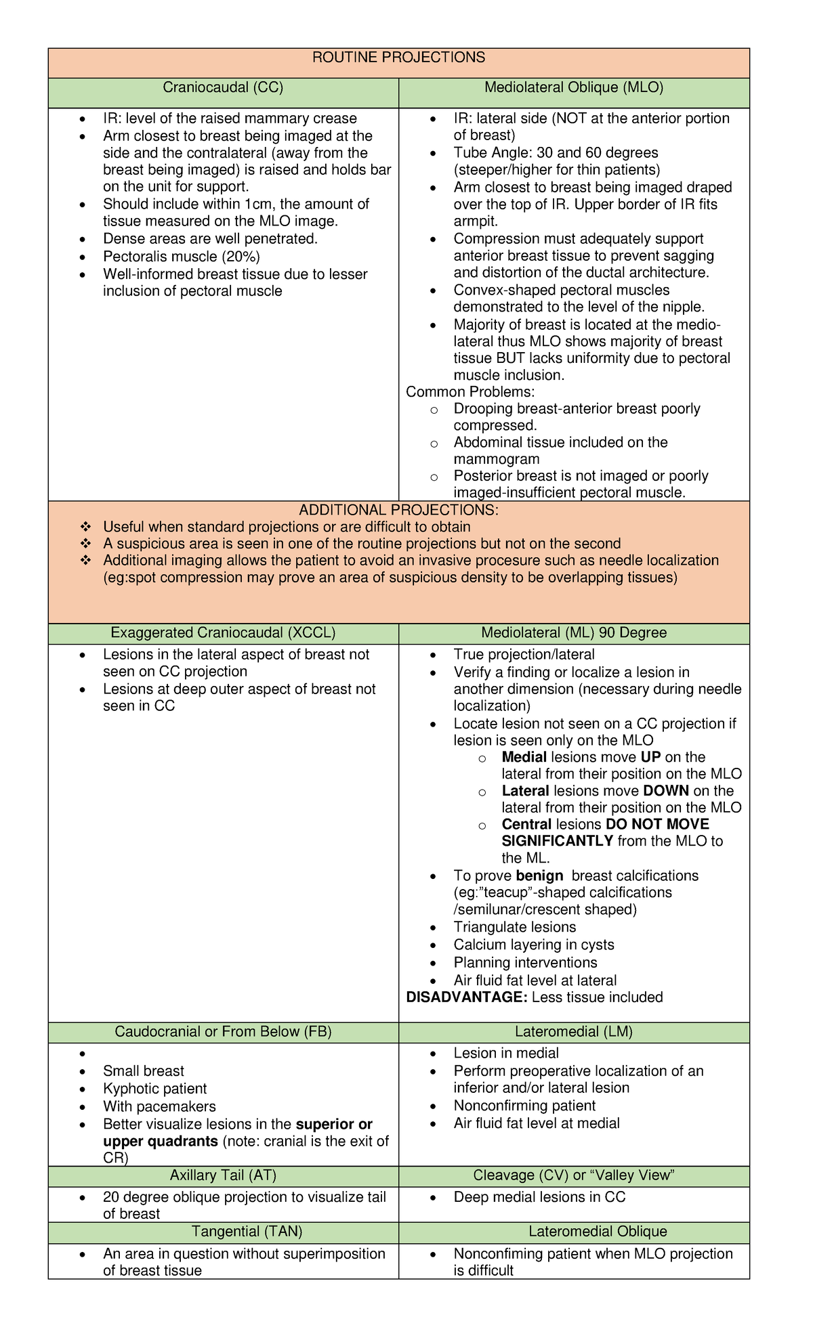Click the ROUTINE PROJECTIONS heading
tap(398, 58)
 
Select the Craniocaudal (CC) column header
tap(223, 87)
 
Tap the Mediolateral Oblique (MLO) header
tap(574, 87)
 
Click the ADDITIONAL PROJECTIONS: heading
tap(398, 510)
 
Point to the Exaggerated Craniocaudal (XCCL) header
tap(223, 633)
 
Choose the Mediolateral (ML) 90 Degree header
tap(574, 633)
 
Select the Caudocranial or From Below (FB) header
tap(223, 1032)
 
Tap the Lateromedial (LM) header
tap(574, 1032)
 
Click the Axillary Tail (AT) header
tap(223, 1175)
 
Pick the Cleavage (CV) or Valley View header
tap(574, 1175)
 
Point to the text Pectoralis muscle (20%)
tap(181, 257)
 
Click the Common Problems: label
tap(470, 392)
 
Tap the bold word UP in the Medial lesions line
tap(651, 758)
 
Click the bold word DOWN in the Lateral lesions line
tap(666, 791)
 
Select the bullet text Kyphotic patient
tap(154, 1089)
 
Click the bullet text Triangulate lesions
tap(515, 928)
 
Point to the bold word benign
tap(539, 876)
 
